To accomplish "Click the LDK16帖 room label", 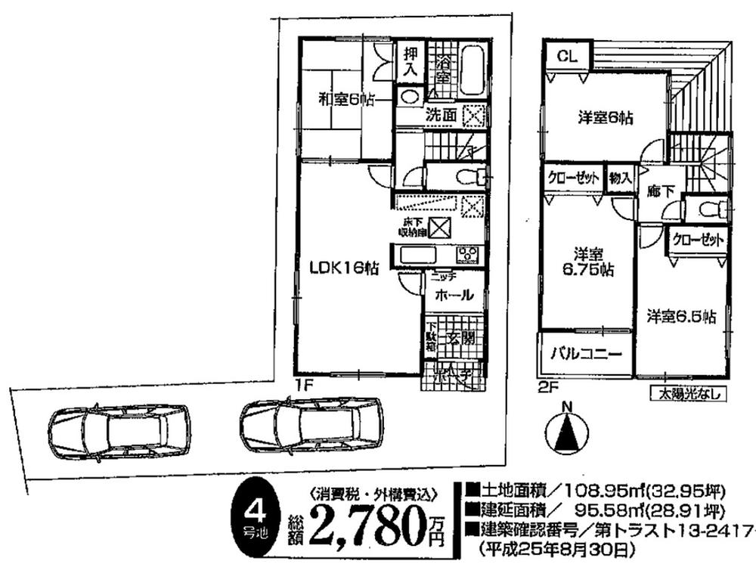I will pyautogui.click(x=342, y=266).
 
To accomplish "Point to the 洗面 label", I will pyautogui.click(x=439, y=116).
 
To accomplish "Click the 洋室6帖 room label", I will pyautogui.click(x=606, y=118).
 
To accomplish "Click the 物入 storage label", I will pyautogui.click(x=621, y=178).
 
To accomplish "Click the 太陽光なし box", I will pyautogui.click(x=688, y=393).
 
